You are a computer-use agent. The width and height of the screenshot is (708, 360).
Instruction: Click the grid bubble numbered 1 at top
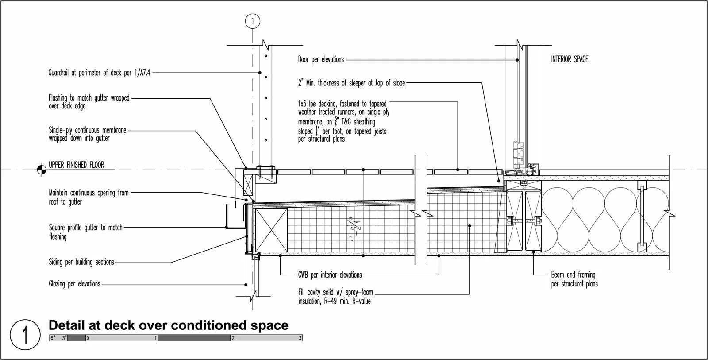point(253,21)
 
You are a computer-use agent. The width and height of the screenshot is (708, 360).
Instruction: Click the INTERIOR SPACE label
point(569,59)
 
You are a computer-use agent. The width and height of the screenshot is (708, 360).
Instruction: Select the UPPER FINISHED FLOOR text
point(76,165)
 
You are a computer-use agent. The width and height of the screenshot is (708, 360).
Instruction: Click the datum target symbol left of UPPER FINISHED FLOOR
point(41,169)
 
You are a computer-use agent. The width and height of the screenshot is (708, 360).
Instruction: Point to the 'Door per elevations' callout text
point(321,59)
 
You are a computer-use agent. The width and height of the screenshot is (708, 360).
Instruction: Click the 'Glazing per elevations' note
point(74,284)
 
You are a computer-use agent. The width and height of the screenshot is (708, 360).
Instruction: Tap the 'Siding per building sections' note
point(81,262)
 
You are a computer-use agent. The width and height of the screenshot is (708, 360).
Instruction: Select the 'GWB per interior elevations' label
point(330,275)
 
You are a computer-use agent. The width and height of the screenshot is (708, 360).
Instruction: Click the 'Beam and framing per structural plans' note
point(573,279)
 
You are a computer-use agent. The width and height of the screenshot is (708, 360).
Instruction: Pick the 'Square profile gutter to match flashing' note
point(85,232)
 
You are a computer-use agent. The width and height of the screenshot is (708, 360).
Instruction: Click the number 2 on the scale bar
point(233,338)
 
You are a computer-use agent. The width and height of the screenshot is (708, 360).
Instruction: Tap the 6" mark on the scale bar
point(52,338)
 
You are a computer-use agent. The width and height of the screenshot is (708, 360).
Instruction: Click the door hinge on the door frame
point(517,153)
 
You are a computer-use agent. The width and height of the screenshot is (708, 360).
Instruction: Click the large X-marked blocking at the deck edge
point(271,229)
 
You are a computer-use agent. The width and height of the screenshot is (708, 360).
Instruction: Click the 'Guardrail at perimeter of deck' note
point(99,73)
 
